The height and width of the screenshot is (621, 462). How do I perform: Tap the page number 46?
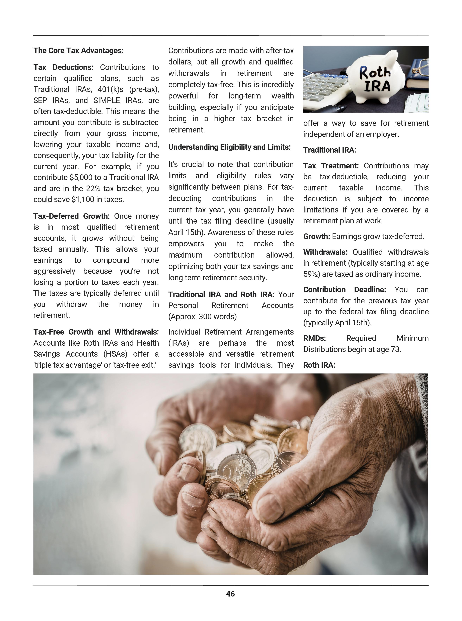230,594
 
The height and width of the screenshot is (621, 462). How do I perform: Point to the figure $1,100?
81,200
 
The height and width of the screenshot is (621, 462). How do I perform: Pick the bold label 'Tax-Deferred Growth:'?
71,216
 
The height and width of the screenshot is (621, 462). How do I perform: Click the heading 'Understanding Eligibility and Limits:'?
229,147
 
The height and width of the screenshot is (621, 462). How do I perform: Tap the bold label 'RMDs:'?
314,338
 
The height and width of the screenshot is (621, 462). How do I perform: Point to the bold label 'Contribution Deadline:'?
345,290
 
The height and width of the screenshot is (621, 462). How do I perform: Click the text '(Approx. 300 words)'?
202,317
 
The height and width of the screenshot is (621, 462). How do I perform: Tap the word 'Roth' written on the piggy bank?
375,73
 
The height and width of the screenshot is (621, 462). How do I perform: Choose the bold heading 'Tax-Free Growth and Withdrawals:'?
96,332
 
